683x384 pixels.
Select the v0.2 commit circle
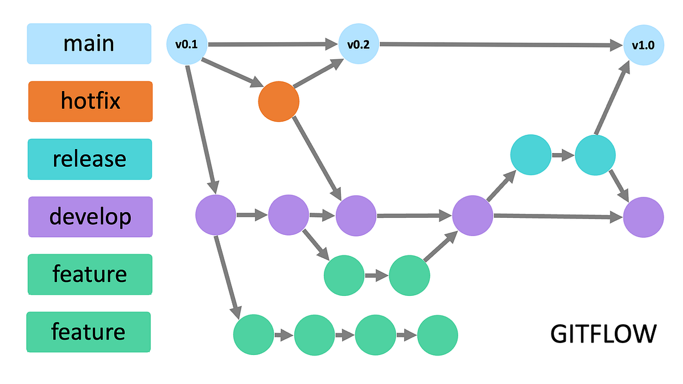click(x=359, y=44)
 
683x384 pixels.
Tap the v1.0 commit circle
click(x=644, y=45)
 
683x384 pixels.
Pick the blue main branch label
click(x=89, y=43)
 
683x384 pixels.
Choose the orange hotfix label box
click(x=90, y=101)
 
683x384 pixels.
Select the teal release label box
click(x=90, y=159)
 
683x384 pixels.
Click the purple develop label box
click(x=90, y=217)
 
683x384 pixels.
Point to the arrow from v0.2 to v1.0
click(x=501, y=44)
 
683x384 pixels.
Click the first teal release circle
click(x=530, y=154)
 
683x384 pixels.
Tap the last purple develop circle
click(x=644, y=217)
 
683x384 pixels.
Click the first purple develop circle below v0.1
click(x=216, y=216)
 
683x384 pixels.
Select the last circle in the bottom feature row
click(x=437, y=335)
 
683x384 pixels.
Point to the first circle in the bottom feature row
click(x=254, y=335)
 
